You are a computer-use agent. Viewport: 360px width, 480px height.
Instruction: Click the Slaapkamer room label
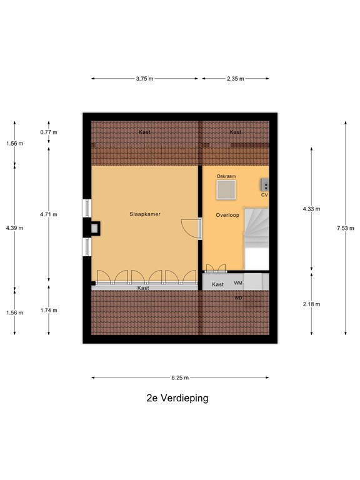coord(146,214)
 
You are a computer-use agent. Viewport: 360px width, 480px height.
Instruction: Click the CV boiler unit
coord(265,186)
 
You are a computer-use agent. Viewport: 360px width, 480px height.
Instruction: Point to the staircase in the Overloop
coord(255,237)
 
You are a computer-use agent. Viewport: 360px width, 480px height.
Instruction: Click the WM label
coord(238,283)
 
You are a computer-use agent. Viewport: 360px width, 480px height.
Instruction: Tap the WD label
coord(238,297)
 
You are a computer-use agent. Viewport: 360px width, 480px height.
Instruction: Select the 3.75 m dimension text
coord(145,79)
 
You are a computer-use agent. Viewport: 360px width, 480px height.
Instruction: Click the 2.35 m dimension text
coord(235,79)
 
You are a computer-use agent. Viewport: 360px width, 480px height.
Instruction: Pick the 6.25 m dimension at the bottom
coord(180,377)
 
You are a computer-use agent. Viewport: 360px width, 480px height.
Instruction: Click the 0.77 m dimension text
coord(49,132)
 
